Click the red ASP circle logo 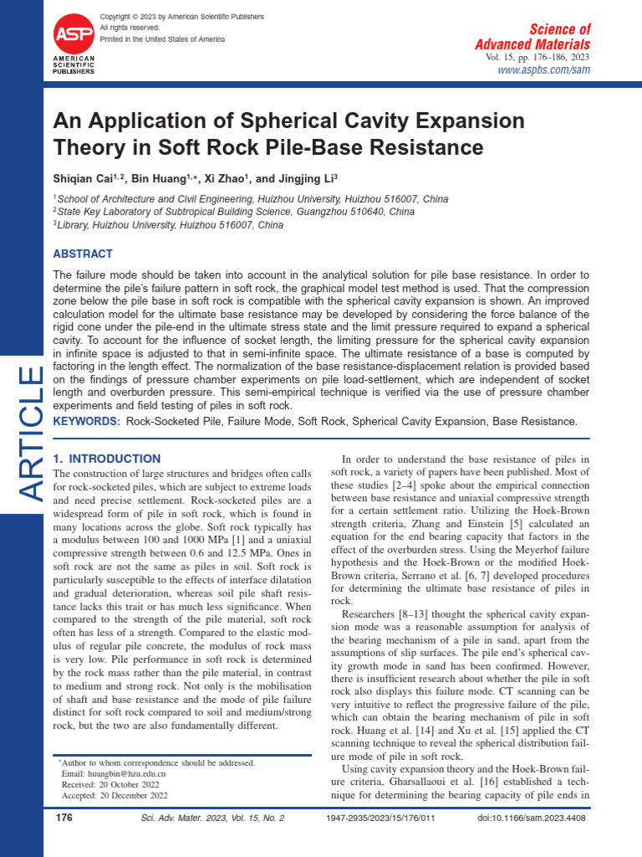coord(74,33)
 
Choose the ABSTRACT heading coord(83,254)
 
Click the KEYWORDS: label coord(87,421)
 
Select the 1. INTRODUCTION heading coord(107,459)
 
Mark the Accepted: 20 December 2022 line coord(110,796)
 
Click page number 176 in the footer coord(64,818)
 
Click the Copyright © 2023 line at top coord(181,17)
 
